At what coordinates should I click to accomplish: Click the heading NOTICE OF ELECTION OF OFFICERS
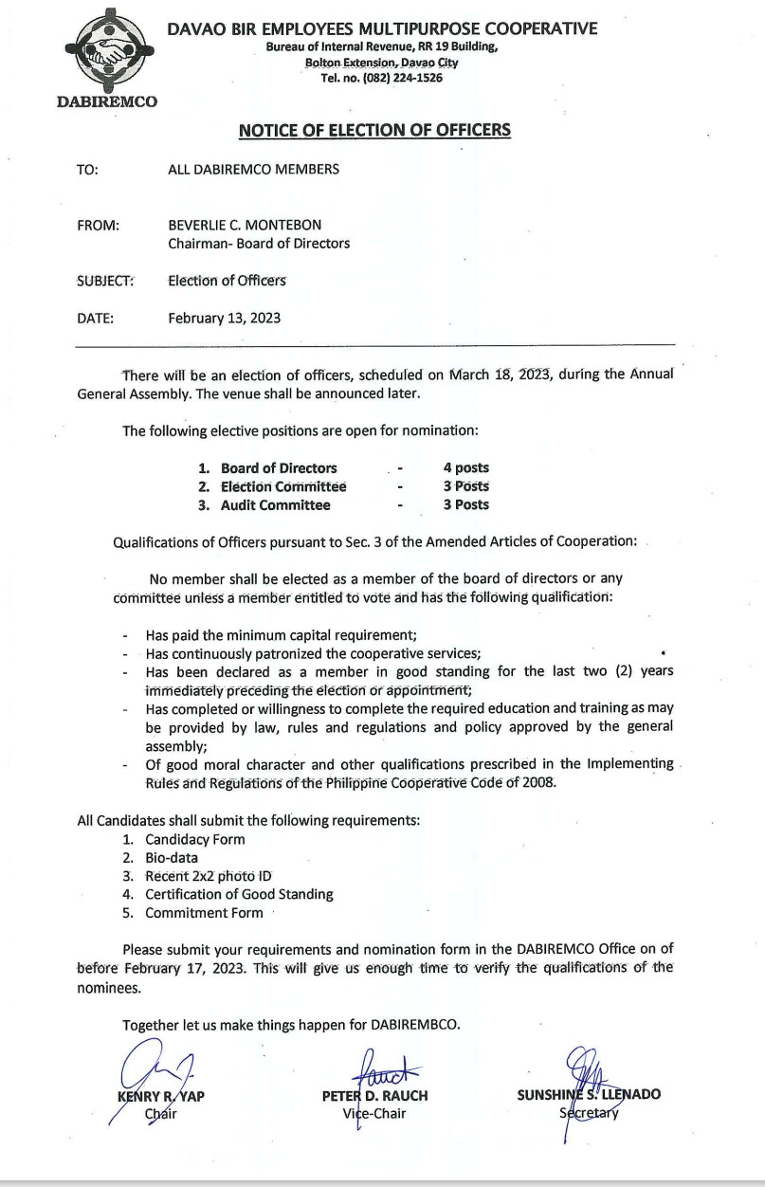click(x=374, y=130)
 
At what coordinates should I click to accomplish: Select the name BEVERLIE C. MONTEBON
click(x=245, y=225)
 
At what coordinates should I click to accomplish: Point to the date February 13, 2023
click(x=224, y=318)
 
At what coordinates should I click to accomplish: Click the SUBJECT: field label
click(x=105, y=281)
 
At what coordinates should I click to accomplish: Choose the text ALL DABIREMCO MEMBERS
click(x=253, y=170)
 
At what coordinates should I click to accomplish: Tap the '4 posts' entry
click(x=465, y=467)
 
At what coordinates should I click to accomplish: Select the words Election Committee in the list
click(x=283, y=486)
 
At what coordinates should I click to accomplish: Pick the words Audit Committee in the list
click(x=276, y=505)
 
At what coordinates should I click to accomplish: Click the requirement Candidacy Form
click(x=194, y=839)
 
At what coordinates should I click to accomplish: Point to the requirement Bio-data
click(x=172, y=857)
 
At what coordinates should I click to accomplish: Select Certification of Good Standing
click(x=239, y=894)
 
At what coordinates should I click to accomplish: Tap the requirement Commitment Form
click(x=204, y=913)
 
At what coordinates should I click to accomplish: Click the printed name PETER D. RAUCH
click(x=374, y=1095)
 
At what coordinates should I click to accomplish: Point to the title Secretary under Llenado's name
click(x=589, y=1113)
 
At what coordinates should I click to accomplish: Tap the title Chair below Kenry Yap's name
click(x=160, y=1114)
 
